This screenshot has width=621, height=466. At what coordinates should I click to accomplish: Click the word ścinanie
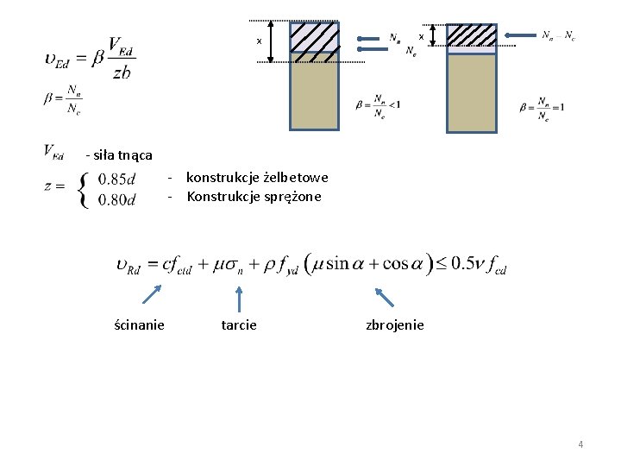tap(140, 324)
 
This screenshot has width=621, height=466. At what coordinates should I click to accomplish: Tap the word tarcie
tap(239, 324)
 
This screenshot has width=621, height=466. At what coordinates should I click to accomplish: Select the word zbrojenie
tap(395, 324)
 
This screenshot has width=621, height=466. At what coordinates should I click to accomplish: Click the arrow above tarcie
tap(239, 298)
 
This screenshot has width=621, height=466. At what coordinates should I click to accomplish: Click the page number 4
tap(580, 444)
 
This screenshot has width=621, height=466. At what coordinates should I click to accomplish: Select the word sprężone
tap(292, 197)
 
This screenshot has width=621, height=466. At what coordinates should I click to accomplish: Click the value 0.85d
tap(117, 179)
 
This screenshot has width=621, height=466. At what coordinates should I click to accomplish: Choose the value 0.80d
tap(117, 200)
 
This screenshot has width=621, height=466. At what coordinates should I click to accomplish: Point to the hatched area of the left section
tap(314, 37)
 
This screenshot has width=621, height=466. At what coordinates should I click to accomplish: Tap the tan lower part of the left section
tap(314, 91)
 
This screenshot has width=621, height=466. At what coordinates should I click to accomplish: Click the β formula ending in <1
tap(378, 105)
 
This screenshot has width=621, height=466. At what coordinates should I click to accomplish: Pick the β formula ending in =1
tap(542, 107)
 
